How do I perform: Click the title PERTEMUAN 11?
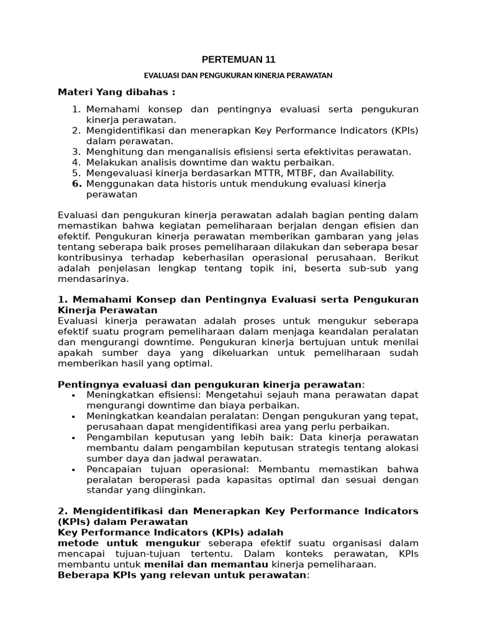[238, 60]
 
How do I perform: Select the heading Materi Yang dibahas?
[116, 93]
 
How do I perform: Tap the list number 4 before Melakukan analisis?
[77, 162]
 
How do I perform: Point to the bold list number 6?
[77, 184]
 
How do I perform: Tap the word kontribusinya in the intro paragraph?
[88, 258]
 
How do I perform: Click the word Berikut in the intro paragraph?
[401, 258]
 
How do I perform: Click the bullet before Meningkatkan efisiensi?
[74, 395]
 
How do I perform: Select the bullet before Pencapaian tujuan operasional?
[74, 469]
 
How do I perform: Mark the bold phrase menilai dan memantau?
[206, 565]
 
